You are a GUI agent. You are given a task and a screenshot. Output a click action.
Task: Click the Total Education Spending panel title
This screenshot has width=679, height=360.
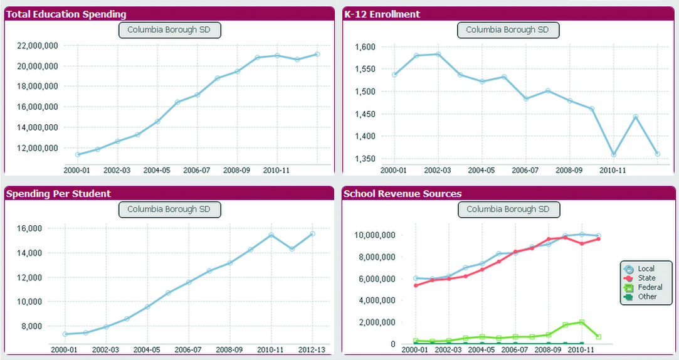point(66,14)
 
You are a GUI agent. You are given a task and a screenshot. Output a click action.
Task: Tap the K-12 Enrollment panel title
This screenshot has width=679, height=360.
point(382,14)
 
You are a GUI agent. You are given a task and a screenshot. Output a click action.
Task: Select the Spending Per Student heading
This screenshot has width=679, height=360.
point(58,194)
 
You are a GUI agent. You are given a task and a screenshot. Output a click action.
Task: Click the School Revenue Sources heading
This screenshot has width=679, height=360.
point(403,194)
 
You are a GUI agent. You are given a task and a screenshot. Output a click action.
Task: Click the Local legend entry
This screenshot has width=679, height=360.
point(645,269)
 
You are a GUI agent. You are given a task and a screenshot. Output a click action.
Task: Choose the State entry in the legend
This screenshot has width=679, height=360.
point(646,278)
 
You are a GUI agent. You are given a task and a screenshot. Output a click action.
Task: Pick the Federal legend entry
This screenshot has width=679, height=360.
point(649,287)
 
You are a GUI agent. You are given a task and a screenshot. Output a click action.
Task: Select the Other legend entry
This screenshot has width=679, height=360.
point(646,297)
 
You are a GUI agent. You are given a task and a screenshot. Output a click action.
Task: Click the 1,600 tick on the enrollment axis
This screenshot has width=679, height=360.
point(365,47)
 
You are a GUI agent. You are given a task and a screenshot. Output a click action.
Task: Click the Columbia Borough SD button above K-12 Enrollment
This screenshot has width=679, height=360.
point(508,29)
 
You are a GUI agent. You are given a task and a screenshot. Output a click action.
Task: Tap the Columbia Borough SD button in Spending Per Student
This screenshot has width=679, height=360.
point(169,209)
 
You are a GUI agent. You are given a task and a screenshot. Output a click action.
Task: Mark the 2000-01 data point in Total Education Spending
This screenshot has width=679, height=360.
point(77,154)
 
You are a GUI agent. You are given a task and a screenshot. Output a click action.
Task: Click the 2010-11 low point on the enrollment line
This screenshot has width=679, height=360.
point(613,154)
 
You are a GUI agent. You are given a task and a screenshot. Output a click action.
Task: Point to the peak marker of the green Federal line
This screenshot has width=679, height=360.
point(582,322)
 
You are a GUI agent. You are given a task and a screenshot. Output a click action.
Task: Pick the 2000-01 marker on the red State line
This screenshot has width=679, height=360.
point(415,285)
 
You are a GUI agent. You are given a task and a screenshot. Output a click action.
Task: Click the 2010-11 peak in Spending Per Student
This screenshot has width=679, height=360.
point(271,235)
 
